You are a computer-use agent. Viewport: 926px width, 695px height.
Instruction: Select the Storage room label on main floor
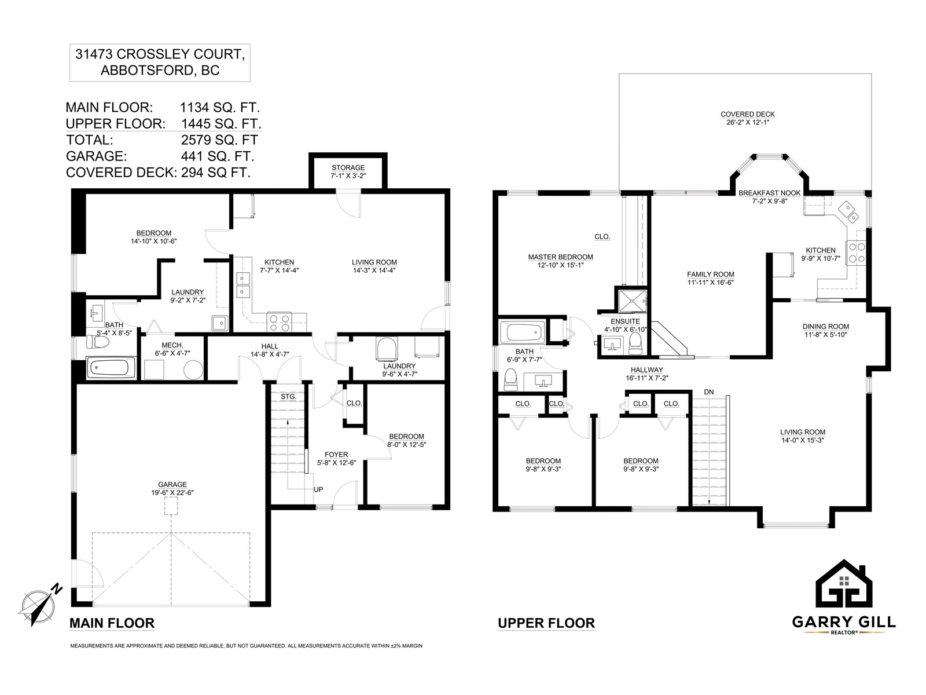348,167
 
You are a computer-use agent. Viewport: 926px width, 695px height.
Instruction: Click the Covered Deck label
748,114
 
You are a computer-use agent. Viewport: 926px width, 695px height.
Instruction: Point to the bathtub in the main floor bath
111,368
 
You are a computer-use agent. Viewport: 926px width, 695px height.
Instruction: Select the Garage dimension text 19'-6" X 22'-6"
172,492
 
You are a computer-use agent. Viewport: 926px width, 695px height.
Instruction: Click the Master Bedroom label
560,257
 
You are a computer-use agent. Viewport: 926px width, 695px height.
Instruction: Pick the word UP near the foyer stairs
318,489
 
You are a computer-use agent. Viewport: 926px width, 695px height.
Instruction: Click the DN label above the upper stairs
709,392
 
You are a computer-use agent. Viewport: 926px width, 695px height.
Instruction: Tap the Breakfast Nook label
770,193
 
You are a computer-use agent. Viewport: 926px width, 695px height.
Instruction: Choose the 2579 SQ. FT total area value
219,140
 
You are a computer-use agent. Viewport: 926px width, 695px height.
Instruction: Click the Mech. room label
172,345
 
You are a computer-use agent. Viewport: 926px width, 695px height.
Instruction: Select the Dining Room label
826,327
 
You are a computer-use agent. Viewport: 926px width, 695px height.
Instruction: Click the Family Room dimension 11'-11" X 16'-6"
711,282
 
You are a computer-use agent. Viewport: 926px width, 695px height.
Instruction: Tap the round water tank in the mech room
193,370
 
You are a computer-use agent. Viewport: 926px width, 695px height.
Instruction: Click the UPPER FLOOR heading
546,623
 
